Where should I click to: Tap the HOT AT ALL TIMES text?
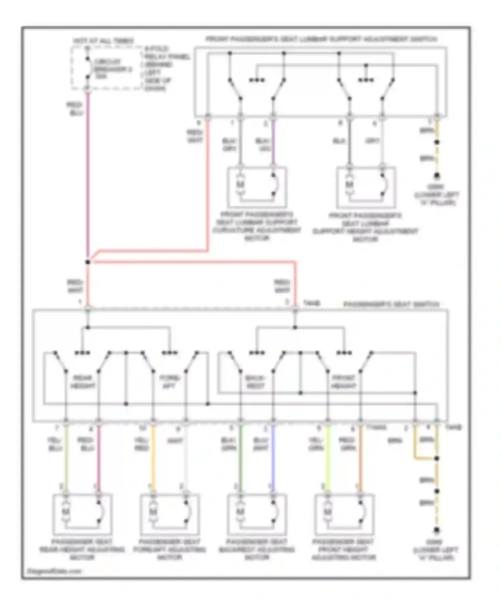[x=104, y=41]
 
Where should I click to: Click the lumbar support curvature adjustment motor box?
[x=257, y=187]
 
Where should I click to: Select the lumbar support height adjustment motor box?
[x=366, y=187]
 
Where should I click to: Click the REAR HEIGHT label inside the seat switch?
[x=82, y=382]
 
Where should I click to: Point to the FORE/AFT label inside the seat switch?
[x=170, y=382]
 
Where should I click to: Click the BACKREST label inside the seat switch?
[x=255, y=382]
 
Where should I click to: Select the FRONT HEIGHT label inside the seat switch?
[x=343, y=382]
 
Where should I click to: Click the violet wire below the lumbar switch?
[x=274, y=142]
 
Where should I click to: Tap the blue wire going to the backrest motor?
[x=273, y=458]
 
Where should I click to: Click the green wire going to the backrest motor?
[x=240, y=458]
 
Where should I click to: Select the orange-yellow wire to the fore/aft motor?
[x=153, y=458]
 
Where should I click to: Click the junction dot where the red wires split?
[x=88, y=262]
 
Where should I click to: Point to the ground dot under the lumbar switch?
[x=437, y=175]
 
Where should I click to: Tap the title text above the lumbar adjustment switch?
[x=321, y=39]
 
